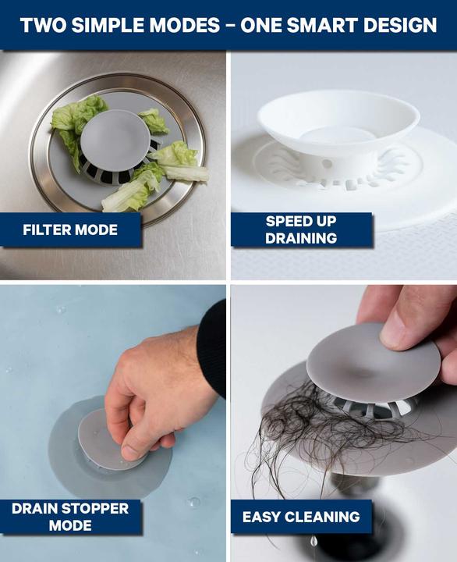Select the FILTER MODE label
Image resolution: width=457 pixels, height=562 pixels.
[x=70, y=230]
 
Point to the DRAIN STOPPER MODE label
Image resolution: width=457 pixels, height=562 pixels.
[x=70, y=517]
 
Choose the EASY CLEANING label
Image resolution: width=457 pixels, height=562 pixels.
[x=301, y=517]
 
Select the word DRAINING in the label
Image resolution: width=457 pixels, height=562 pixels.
[x=301, y=238]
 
